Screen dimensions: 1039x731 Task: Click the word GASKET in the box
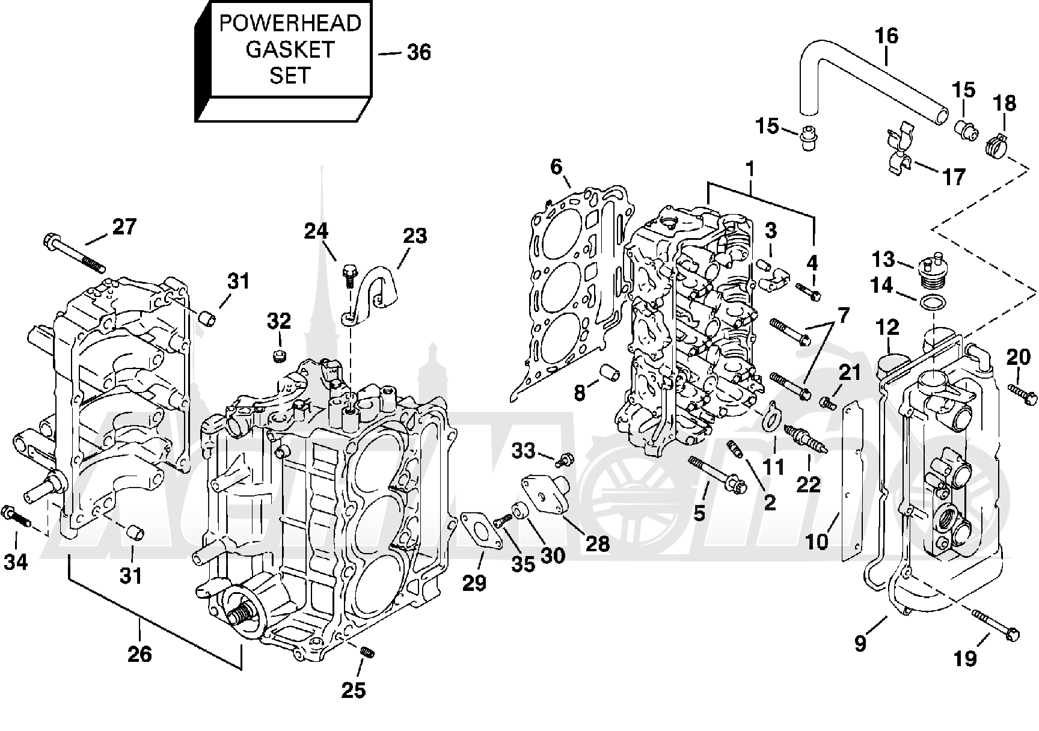click(x=290, y=49)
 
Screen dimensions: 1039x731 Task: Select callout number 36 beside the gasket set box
click(x=419, y=52)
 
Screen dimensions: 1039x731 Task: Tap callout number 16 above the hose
click(x=886, y=36)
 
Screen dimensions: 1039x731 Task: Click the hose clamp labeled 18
click(x=997, y=145)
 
